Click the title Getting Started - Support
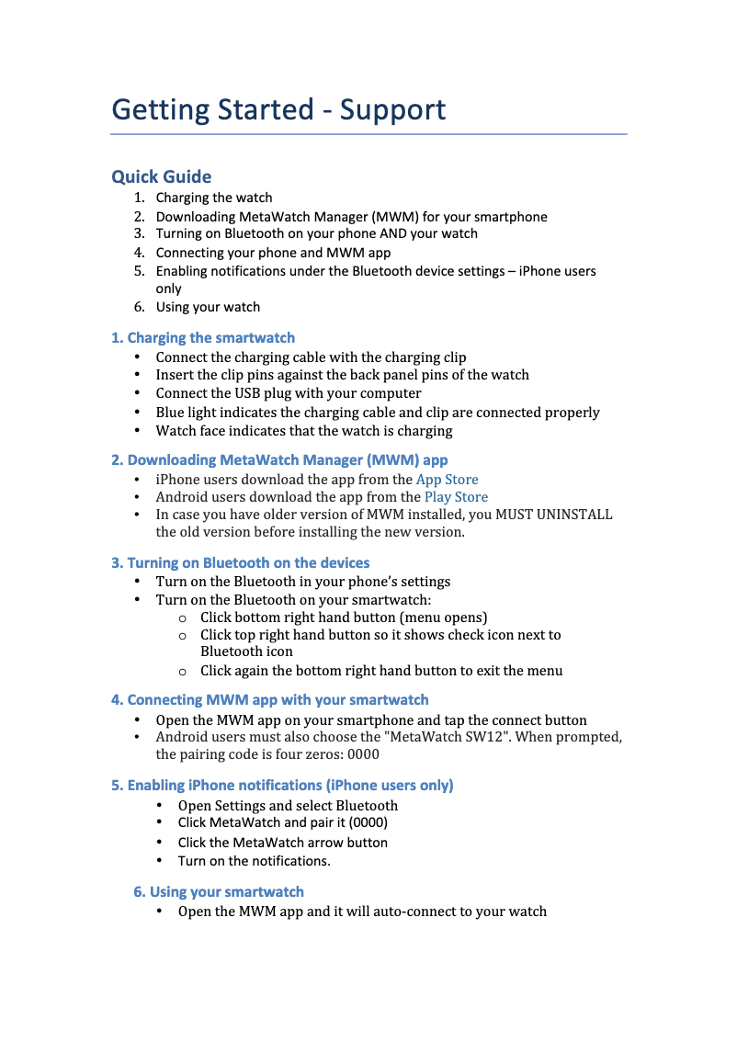tap(278, 110)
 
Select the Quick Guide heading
tap(161, 176)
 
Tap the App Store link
tap(447, 479)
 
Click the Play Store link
tap(456, 497)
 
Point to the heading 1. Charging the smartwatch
tap(203, 338)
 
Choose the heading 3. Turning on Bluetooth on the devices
tap(241, 562)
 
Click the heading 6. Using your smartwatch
tap(219, 891)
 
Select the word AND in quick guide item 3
tap(392, 233)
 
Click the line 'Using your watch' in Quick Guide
tap(208, 307)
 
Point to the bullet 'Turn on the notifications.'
tap(255, 861)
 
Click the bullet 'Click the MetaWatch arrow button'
tap(283, 843)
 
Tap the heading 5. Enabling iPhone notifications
tap(282, 785)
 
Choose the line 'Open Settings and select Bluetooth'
tap(289, 806)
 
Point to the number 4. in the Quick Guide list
tap(139, 252)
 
